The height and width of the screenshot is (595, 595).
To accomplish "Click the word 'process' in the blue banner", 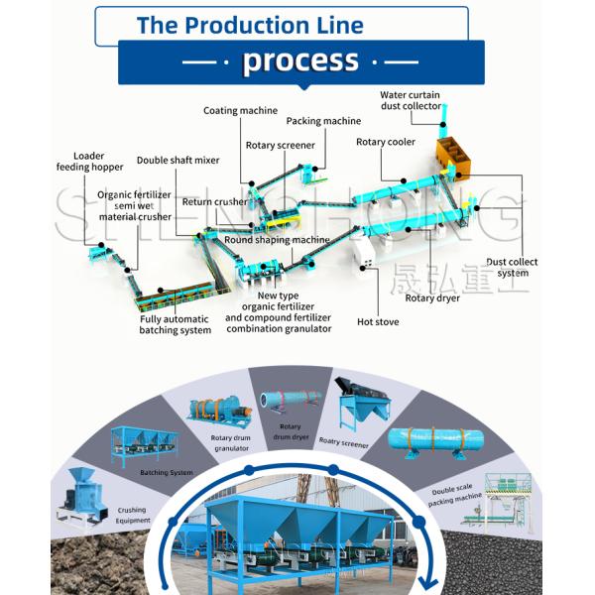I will [300, 61].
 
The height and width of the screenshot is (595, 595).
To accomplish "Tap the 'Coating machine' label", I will [240, 110].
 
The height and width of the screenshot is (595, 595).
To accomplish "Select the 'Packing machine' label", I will [323, 121].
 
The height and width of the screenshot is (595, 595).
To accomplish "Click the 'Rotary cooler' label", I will [386, 142].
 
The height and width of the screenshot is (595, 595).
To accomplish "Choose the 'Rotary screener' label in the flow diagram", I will [280, 145].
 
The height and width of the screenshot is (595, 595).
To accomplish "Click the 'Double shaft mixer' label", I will [178, 160].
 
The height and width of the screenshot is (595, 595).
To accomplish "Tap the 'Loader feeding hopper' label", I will [89, 161].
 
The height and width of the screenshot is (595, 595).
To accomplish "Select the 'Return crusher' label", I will [214, 202].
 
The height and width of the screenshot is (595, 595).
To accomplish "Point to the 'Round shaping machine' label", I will [277, 240].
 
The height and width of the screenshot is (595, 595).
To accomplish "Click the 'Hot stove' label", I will [378, 321].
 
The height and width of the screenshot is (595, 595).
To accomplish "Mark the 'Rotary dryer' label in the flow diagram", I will [433, 297].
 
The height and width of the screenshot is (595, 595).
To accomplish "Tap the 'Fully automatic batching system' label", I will [175, 324].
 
